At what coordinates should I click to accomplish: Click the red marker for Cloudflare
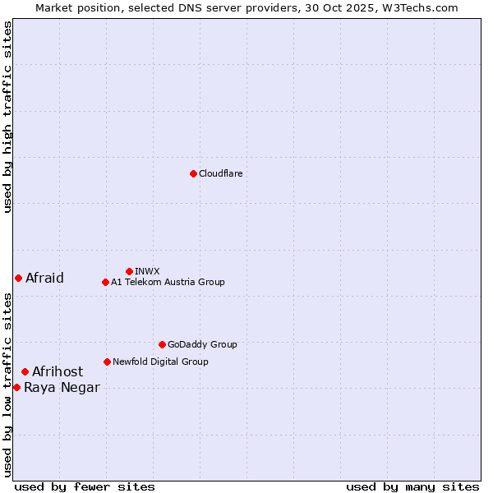pyautogui.click(x=193, y=173)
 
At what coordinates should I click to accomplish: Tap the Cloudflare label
pyautogui.click(x=220, y=173)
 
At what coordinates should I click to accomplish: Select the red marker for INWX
pyautogui.click(x=129, y=271)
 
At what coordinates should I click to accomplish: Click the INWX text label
pyautogui.click(x=147, y=271)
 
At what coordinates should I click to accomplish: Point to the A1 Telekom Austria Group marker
pyautogui.click(x=105, y=282)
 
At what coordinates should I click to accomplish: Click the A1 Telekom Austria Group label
pyautogui.click(x=168, y=282)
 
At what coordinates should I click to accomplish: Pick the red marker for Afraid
pyautogui.click(x=18, y=278)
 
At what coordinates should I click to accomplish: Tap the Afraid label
pyautogui.click(x=44, y=278)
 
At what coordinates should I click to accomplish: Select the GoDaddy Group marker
pyautogui.click(x=162, y=344)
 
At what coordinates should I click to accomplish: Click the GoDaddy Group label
pyautogui.click(x=202, y=344)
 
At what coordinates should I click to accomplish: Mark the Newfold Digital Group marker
pyautogui.click(x=107, y=362)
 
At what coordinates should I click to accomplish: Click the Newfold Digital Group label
pyautogui.click(x=160, y=362)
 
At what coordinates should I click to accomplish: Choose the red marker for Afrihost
pyautogui.click(x=25, y=372)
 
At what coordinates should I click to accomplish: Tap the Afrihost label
pyautogui.click(x=58, y=372)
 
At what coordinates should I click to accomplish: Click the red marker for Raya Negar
pyautogui.click(x=16, y=387)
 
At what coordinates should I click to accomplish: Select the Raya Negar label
pyautogui.click(x=62, y=388)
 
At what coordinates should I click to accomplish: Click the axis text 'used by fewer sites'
pyautogui.click(x=85, y=486)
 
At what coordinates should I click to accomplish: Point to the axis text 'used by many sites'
pyautogui.click(x=412, y=486)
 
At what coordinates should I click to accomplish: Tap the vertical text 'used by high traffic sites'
pyautogui.click(x=7, y=117)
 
